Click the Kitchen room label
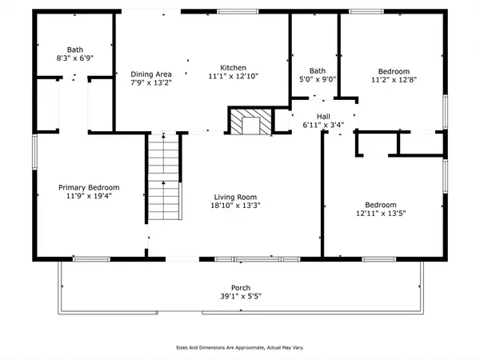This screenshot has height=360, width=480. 233,68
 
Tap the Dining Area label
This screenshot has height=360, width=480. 151,74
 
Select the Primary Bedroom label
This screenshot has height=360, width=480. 89,187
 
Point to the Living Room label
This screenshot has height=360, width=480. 235,197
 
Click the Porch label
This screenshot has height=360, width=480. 241,288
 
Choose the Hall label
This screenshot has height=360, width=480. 323,117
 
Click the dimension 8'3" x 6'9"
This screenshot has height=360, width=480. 75,58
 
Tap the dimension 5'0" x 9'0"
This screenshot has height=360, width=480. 318,79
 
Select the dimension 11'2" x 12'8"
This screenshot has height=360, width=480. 394,79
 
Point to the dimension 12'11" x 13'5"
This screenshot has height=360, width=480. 381,213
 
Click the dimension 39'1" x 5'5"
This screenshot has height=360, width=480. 241,296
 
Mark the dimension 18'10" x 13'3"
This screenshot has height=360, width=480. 235,206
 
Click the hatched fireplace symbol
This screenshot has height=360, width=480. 250,122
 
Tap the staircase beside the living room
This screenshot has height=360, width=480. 164,177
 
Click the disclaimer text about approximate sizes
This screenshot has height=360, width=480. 240,347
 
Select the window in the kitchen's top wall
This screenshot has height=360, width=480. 238,12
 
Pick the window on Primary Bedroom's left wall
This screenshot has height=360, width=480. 34,152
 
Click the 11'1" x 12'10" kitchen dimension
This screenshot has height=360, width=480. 234,76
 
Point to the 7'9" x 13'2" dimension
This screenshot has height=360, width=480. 151,82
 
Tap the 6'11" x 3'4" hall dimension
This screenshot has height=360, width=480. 323,125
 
